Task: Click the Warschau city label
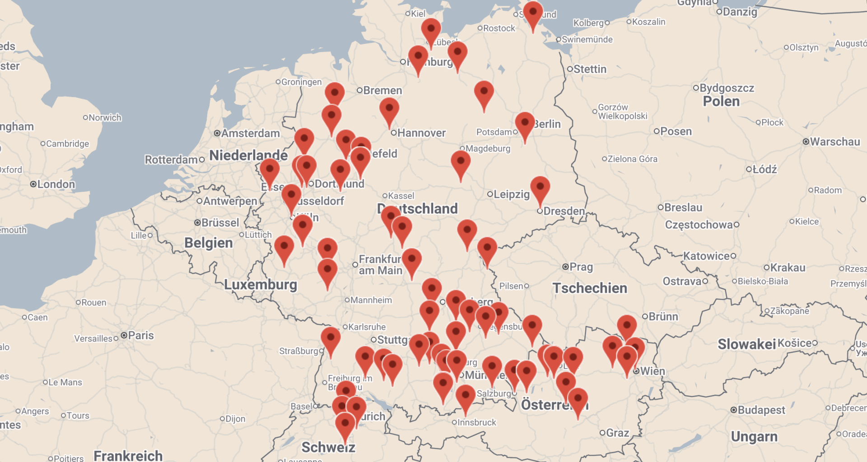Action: click(835, 142)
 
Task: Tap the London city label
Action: click(56, 184)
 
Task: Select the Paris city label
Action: click(140, 335)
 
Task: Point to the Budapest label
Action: click(761, 410)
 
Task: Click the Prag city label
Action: click(581, 267)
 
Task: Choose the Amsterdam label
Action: click(250, 133)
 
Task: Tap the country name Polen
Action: click(721, 101)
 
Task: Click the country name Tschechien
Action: click(590, 288)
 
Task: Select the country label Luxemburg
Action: click(261, 284)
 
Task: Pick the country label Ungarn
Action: click(754, 436)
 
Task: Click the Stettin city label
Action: click(590, 69)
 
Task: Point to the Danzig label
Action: click(740, 12)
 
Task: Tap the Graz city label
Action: click(617, 433)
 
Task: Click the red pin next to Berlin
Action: click(525, 124)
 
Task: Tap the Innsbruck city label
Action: click(477, 422)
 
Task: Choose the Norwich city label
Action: click(105, 118)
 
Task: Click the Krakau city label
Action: click(788, 268)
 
